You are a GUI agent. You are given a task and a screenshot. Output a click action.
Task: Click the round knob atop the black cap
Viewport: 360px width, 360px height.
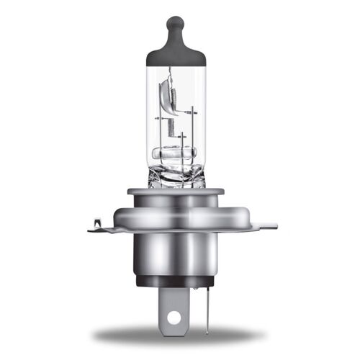tap(180, 24)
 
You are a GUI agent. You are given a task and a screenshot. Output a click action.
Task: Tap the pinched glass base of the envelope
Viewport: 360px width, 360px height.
tap(180, 176)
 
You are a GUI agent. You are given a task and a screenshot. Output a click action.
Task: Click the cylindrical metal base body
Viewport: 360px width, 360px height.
tap(180, 252)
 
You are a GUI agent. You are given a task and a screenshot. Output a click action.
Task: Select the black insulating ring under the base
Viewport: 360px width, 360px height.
tap(180, 282)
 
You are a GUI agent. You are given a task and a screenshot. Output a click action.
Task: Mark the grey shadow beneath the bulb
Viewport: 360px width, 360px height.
tap(180, 336)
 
